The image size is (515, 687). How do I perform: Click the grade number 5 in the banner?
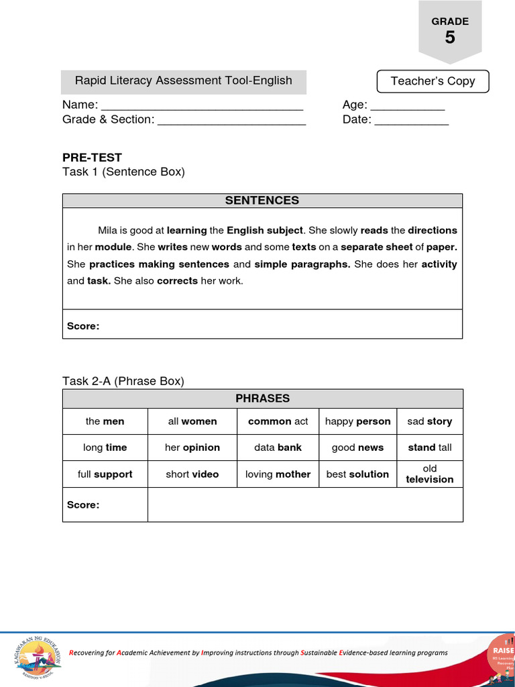(x=449, y=38)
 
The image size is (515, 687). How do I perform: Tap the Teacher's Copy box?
(x=433, y=81)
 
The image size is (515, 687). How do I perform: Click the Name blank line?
(x=202, y=106)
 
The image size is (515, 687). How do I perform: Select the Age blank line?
(x=408, y=106)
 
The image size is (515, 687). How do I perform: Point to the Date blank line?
(x=411, y=121)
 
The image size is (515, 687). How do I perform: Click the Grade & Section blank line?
(x=232, y=121)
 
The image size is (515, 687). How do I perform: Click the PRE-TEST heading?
(x=92, y=158)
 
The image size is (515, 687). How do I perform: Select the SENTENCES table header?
(x=262, y=201)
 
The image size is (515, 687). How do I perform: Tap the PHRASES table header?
(x=262, y=399)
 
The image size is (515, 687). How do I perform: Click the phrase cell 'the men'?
(x=105, y=421)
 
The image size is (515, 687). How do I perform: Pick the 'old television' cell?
(x=430, y=474)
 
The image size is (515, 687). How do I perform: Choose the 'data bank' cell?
(x=278, y=447)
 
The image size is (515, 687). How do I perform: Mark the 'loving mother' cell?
(x=278, y=474)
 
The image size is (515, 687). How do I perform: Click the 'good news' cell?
(x=357, y=447)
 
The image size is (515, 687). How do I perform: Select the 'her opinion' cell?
(x=192, y=447)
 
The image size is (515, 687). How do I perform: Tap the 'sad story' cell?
(x=430, y=421)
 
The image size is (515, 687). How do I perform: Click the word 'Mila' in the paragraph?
(x=107, y=230)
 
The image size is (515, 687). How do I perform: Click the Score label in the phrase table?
(x=83, y=505)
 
